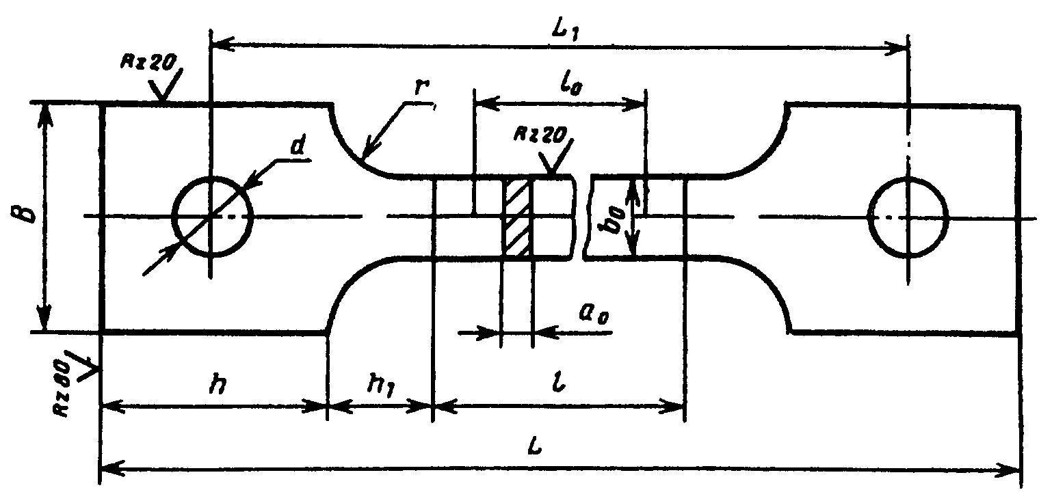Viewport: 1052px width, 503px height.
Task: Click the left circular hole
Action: point(212,217)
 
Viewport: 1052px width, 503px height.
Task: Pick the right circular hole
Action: point(908,217)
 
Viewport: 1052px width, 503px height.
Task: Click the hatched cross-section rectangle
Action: point(517,217)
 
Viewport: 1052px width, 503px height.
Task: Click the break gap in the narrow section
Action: point(583,217)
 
